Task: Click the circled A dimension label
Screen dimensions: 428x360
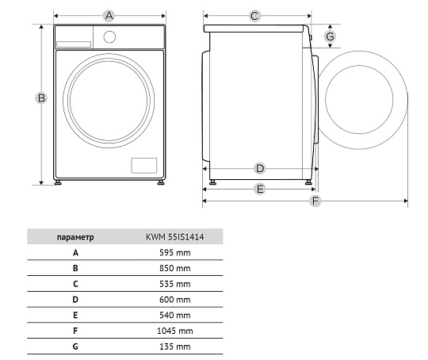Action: pyautogui.click(x=109, y=16)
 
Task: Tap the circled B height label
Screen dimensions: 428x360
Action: pyautogui.click(x=41, y=98)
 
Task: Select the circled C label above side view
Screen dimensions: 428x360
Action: pyautogui.click(x=254, y=16)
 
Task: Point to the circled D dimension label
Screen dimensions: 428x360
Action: pyautogui.click(x=260, y=168)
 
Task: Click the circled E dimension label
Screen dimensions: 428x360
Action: pyautogui.click(x=260, y=189)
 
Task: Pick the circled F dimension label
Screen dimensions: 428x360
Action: pyautogui.click(x=315, y=201)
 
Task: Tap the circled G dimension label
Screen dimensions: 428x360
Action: pyautogui.click(x=330, y=36)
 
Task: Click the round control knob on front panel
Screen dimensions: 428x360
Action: pyautogui.click(x=109, y=37)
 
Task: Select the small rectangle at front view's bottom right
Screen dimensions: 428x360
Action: pyautogui.click(x=144, y=165)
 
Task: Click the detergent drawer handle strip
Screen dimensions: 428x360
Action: pyautogui.click(x=74, y=44)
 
